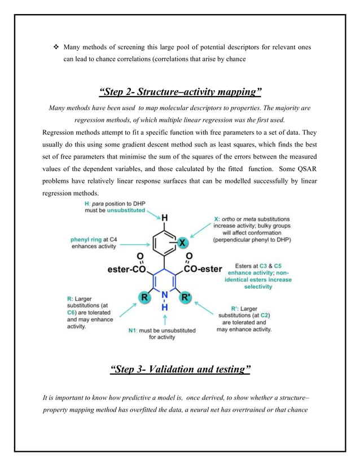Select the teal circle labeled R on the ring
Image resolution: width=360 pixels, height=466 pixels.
145,295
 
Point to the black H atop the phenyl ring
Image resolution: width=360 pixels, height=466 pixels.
164,217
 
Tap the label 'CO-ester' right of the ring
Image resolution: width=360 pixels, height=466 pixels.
203,269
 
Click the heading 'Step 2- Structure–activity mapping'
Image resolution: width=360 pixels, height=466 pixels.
179,92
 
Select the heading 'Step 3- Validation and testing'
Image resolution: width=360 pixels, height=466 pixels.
180,370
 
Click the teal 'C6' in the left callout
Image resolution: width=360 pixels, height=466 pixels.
71,312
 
